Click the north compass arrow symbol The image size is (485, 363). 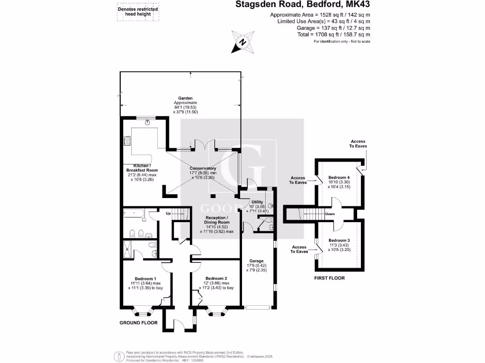pyautogui.click(x=242, y=42)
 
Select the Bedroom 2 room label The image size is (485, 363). pyautogui.click(x=216, y=279)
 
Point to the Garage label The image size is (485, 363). pyautogui.click(x=256, y=260)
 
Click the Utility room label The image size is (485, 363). pyautogui.click(x=251, y=202)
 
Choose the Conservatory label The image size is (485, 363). pyautogui.click(x=203, y=169)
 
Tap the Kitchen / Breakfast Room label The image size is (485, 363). pyautogui.click(x=142, y=167)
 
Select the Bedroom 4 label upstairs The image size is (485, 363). pyautogui.click(x=338, y=177)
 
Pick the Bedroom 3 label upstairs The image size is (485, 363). pyautogui.click(x=338, y=241)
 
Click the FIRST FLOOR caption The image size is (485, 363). pyautogui.click(x=329, y=278)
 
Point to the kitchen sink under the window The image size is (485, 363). pyautogui.click(x=149, y=122)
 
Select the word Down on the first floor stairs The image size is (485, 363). pyautogui.click(x=331, y=214)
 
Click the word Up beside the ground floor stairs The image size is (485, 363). pyautogui.click(x=168, y=214)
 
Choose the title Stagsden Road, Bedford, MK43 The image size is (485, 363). pyautogui.click(x=303, y=5)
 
